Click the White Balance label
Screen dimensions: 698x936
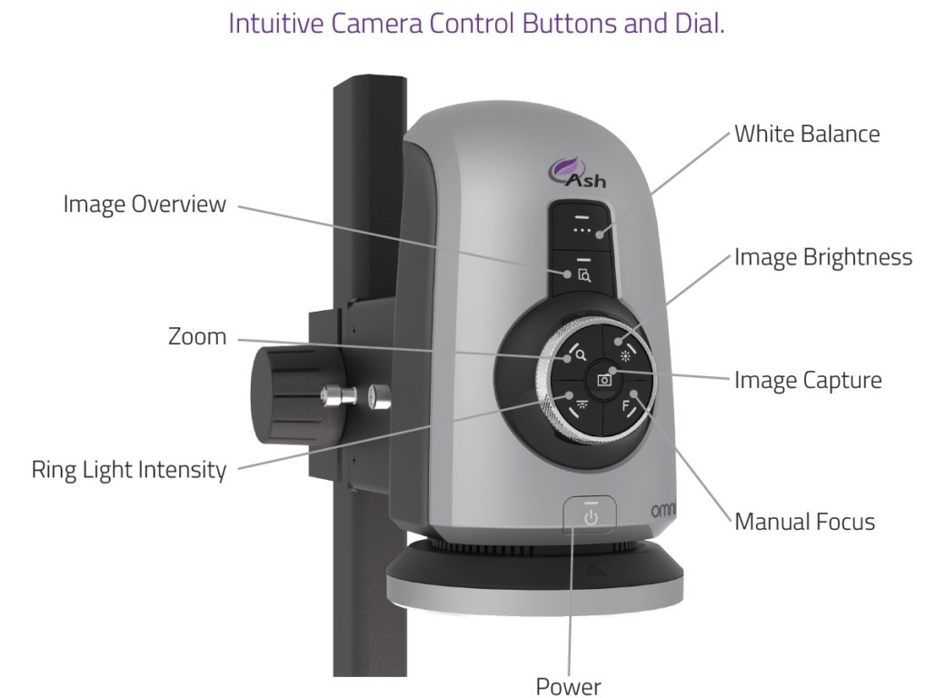click(x=807, y=135)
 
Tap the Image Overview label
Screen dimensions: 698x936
click(x=144, y=204)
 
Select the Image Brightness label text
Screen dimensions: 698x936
click(x=822, y=258)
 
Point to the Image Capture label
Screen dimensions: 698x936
click(x=808, y=380)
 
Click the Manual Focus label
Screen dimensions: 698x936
click(x=804, y=522)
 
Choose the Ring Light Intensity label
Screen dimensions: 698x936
click(x=128, y=470)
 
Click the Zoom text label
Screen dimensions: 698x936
click(x=197, y=337)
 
